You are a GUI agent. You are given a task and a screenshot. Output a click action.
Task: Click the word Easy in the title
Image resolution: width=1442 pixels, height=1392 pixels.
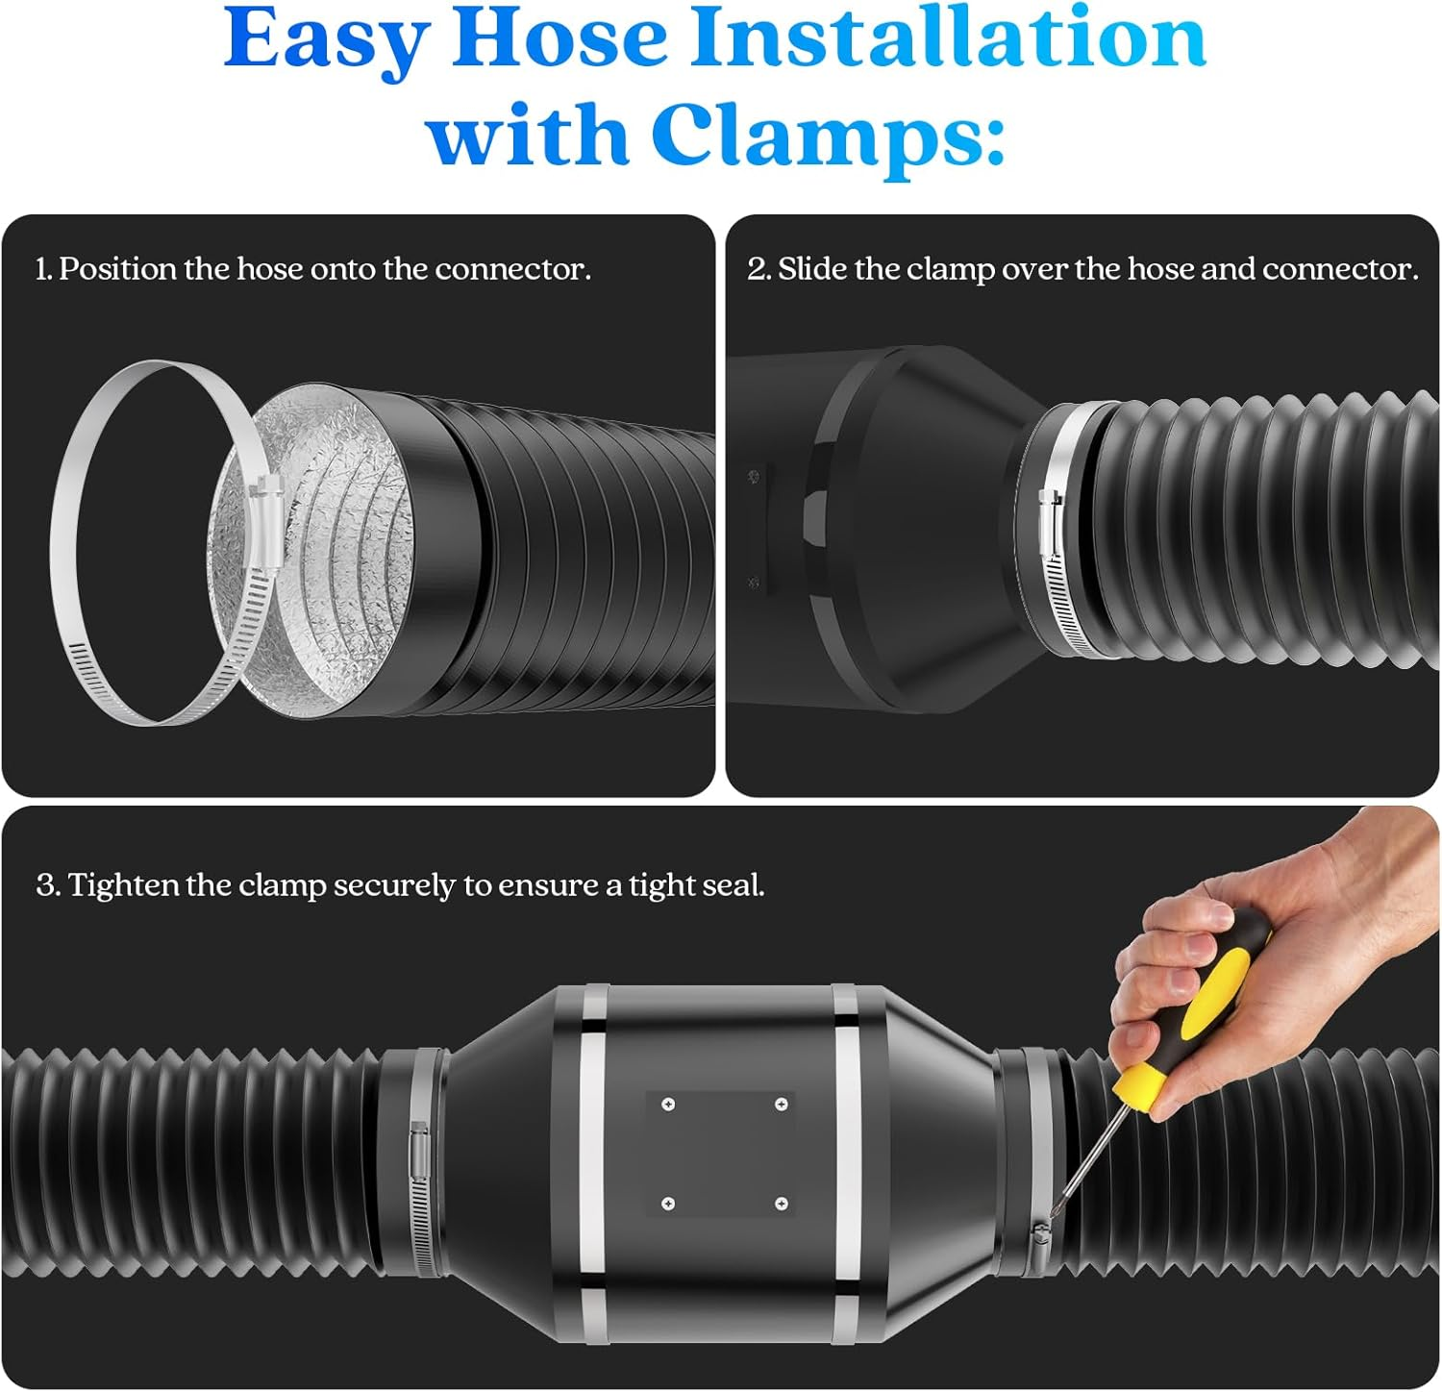[327, 40]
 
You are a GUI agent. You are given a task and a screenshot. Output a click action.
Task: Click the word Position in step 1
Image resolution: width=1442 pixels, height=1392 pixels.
[118, 269]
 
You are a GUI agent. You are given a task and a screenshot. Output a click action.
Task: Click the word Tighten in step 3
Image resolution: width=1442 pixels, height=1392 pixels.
[124, 885]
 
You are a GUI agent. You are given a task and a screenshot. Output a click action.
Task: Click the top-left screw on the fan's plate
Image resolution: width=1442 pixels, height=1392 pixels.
[668, 1105]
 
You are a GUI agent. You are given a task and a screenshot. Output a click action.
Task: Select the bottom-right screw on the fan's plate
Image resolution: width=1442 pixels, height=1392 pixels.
[782, 1204]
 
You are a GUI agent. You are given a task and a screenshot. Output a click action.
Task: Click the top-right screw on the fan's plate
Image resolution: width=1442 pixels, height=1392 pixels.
[782, 1105]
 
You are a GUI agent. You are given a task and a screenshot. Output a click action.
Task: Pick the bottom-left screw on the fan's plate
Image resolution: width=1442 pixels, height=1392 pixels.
[668, 1204]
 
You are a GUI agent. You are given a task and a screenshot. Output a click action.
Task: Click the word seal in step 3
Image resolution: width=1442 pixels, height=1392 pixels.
[733, 885]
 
